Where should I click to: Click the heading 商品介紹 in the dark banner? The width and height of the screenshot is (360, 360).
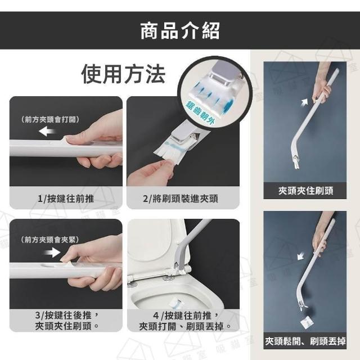180,31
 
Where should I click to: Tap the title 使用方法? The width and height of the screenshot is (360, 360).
123,74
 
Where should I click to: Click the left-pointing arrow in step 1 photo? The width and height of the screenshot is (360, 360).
47,131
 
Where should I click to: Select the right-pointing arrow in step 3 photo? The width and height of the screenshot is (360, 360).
52,253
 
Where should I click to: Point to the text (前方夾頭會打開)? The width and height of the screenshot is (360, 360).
50,119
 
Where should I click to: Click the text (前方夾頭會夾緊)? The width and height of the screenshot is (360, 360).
50,240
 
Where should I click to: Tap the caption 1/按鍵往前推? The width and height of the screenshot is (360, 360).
66,199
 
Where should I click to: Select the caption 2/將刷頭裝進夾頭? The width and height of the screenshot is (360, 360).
181,199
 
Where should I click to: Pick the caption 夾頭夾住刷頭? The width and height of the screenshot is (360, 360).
305,191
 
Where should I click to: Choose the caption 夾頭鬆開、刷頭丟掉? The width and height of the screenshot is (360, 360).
305,341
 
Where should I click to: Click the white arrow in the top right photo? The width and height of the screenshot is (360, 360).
304,102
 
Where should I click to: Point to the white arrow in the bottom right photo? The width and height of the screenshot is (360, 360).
301,256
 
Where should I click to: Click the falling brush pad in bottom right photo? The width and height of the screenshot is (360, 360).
307,321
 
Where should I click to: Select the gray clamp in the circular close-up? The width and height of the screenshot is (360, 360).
222,74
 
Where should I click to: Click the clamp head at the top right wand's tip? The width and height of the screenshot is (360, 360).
295,161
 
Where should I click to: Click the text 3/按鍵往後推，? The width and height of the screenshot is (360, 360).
67,315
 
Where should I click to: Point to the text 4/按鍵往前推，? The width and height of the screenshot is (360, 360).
186,316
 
